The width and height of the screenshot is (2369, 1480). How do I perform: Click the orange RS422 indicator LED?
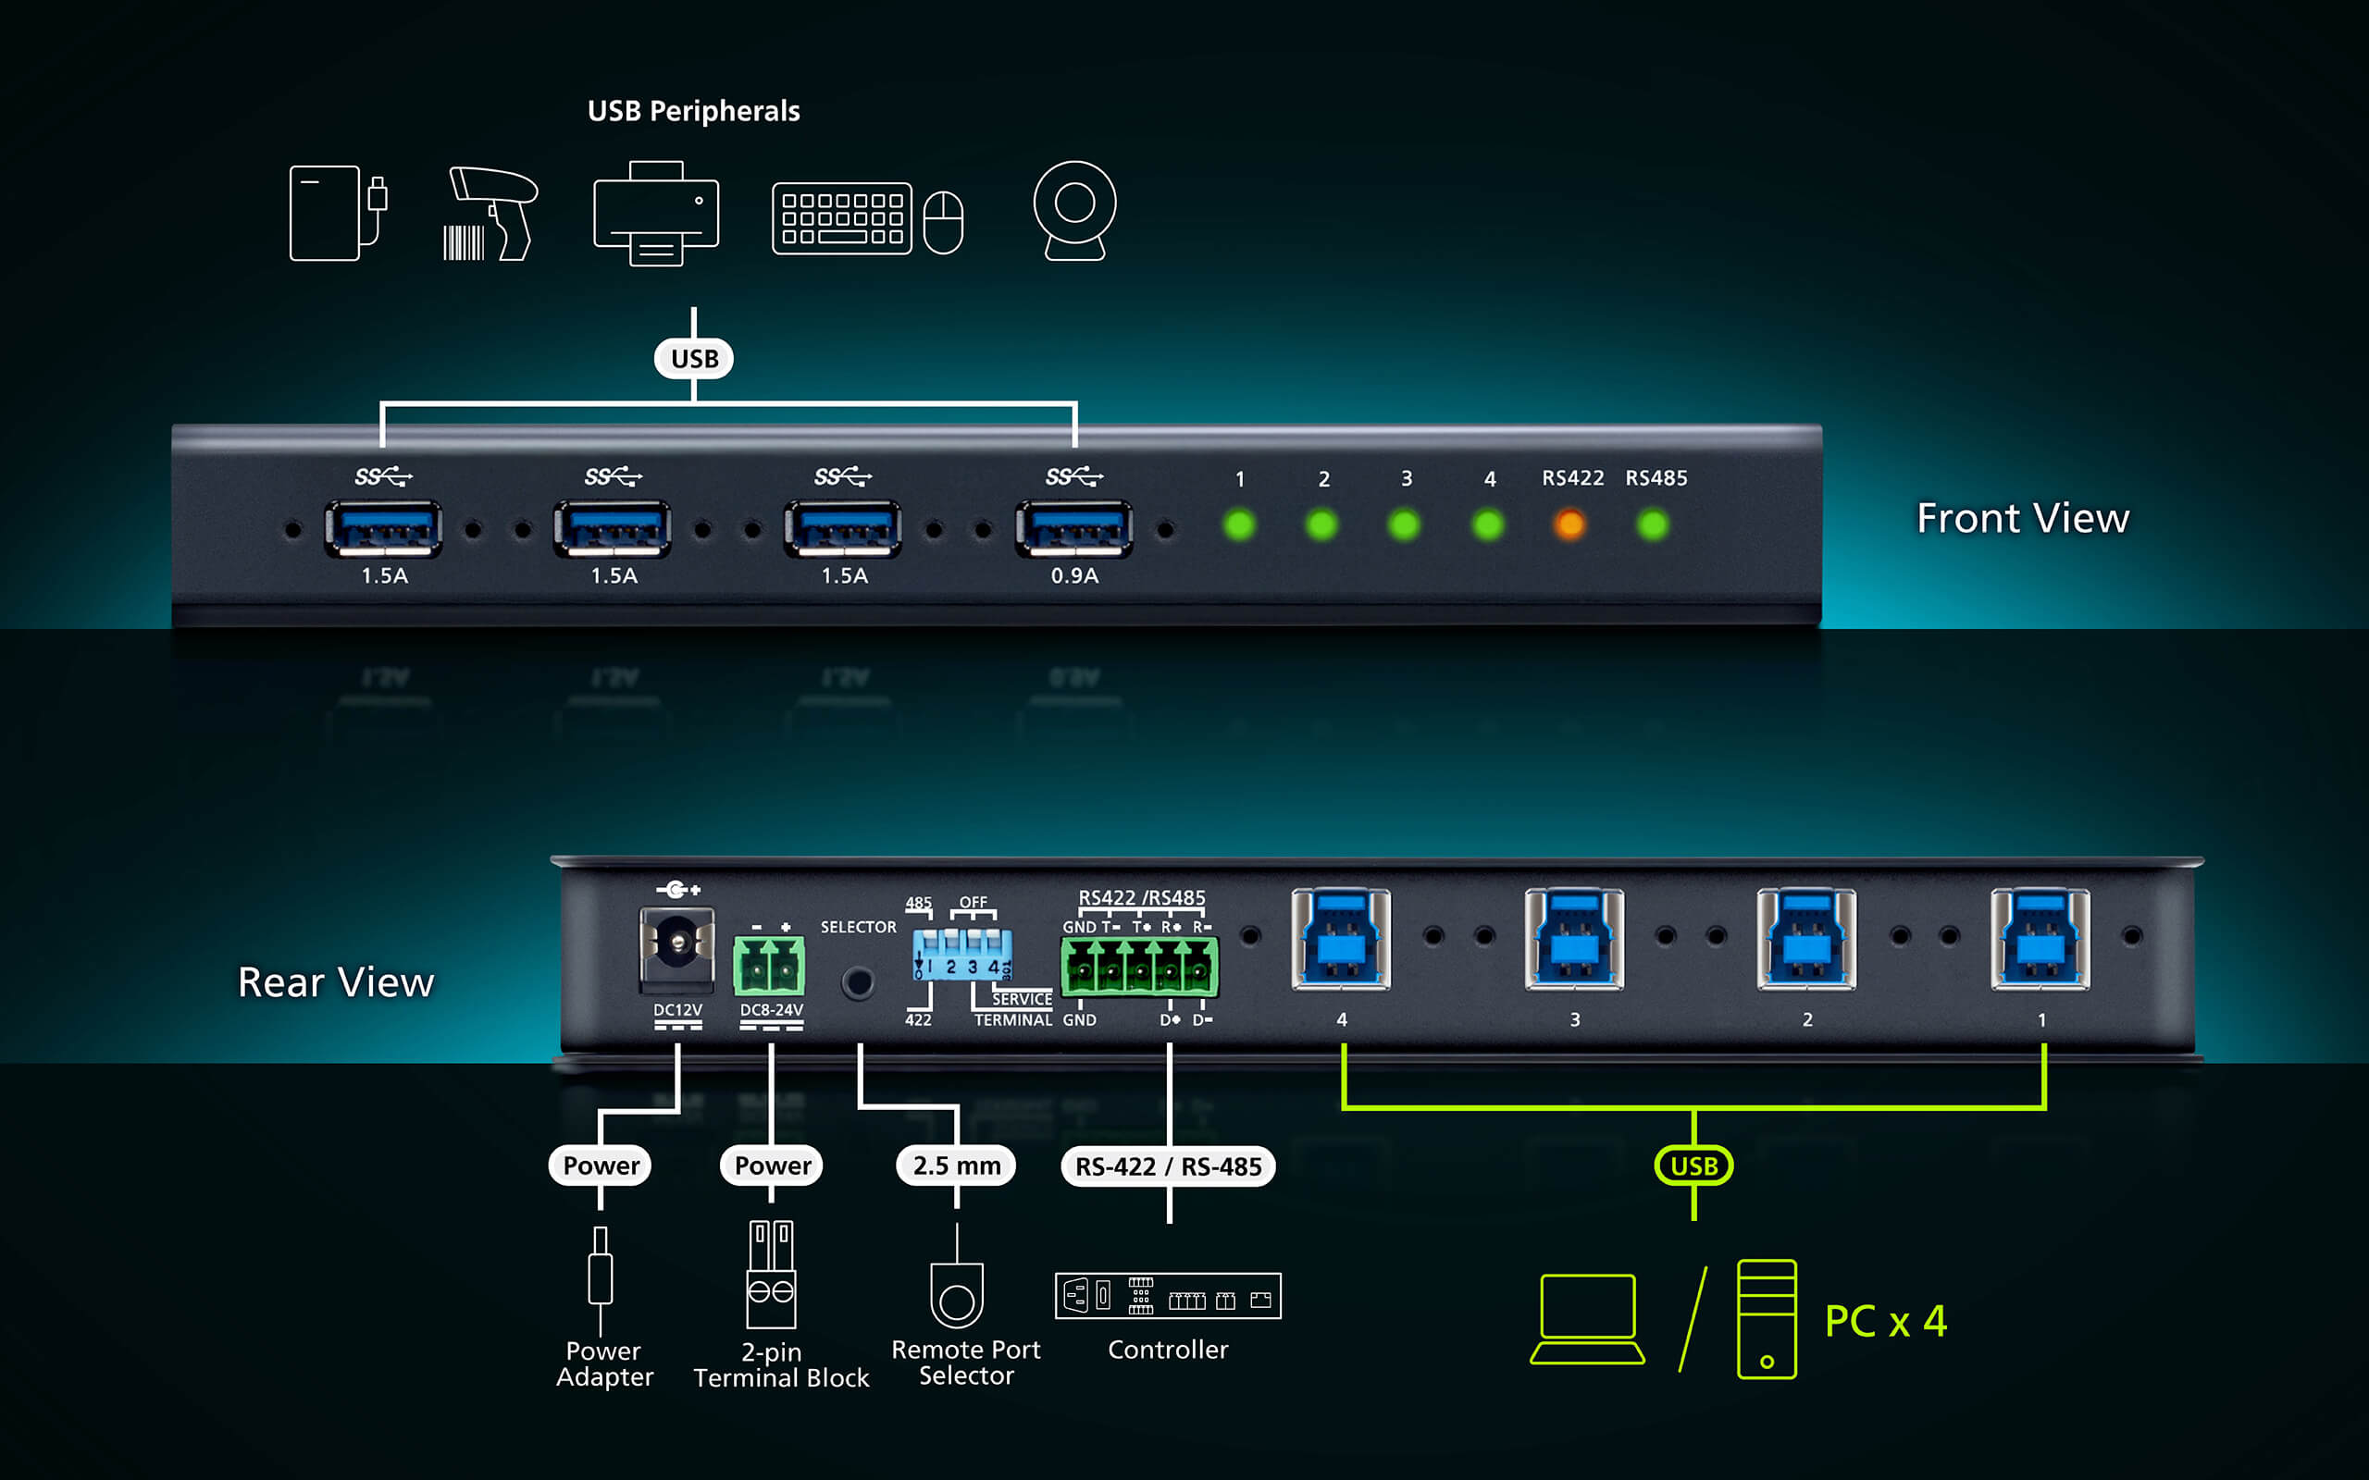pyautogui.click(x=1569, y=524)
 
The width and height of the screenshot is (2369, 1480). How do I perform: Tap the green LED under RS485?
pyautogui.click(x=1653, y=524)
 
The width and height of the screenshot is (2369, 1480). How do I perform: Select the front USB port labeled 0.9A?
pyautogui.click(x=1073, y=528)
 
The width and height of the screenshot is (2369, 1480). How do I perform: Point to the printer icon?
pyautogui.click(x=656, y=213)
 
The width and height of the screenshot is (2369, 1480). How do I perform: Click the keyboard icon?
pyautogui.click(x=842, y=218)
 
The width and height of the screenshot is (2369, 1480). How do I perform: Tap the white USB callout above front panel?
pyautogui.click(x=694, y=359)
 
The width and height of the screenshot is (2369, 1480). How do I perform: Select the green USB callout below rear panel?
pyautogui.click(x=1693, y=1165)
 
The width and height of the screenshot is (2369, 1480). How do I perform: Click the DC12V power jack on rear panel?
pyautogui.click(x=676, y=943)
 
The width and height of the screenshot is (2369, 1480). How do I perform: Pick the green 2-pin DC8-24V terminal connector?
pyautogui.click(x=769, y=965)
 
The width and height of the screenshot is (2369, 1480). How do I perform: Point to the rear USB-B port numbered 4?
pyautogui.click(x=1341, y=940)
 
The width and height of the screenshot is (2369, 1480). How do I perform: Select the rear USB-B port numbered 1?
pyautogui.click(x=2041, y=940)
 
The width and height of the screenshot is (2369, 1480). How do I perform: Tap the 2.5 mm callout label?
pyautogui.click(x=957, y=1165)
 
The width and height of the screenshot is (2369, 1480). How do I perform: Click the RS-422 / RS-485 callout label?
pyautogui.click(x=1168, y=1166)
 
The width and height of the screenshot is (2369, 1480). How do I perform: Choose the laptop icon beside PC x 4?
pyautogui.click(x=1588, y=1318)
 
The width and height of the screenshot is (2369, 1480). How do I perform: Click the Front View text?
pyautogui.click(x=2023, y=518)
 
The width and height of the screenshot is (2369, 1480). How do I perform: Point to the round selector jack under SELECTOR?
pyautogui.click(x=859, y=982)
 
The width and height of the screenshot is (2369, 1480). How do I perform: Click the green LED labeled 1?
pyautogui.click(x=1239, y=524)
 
